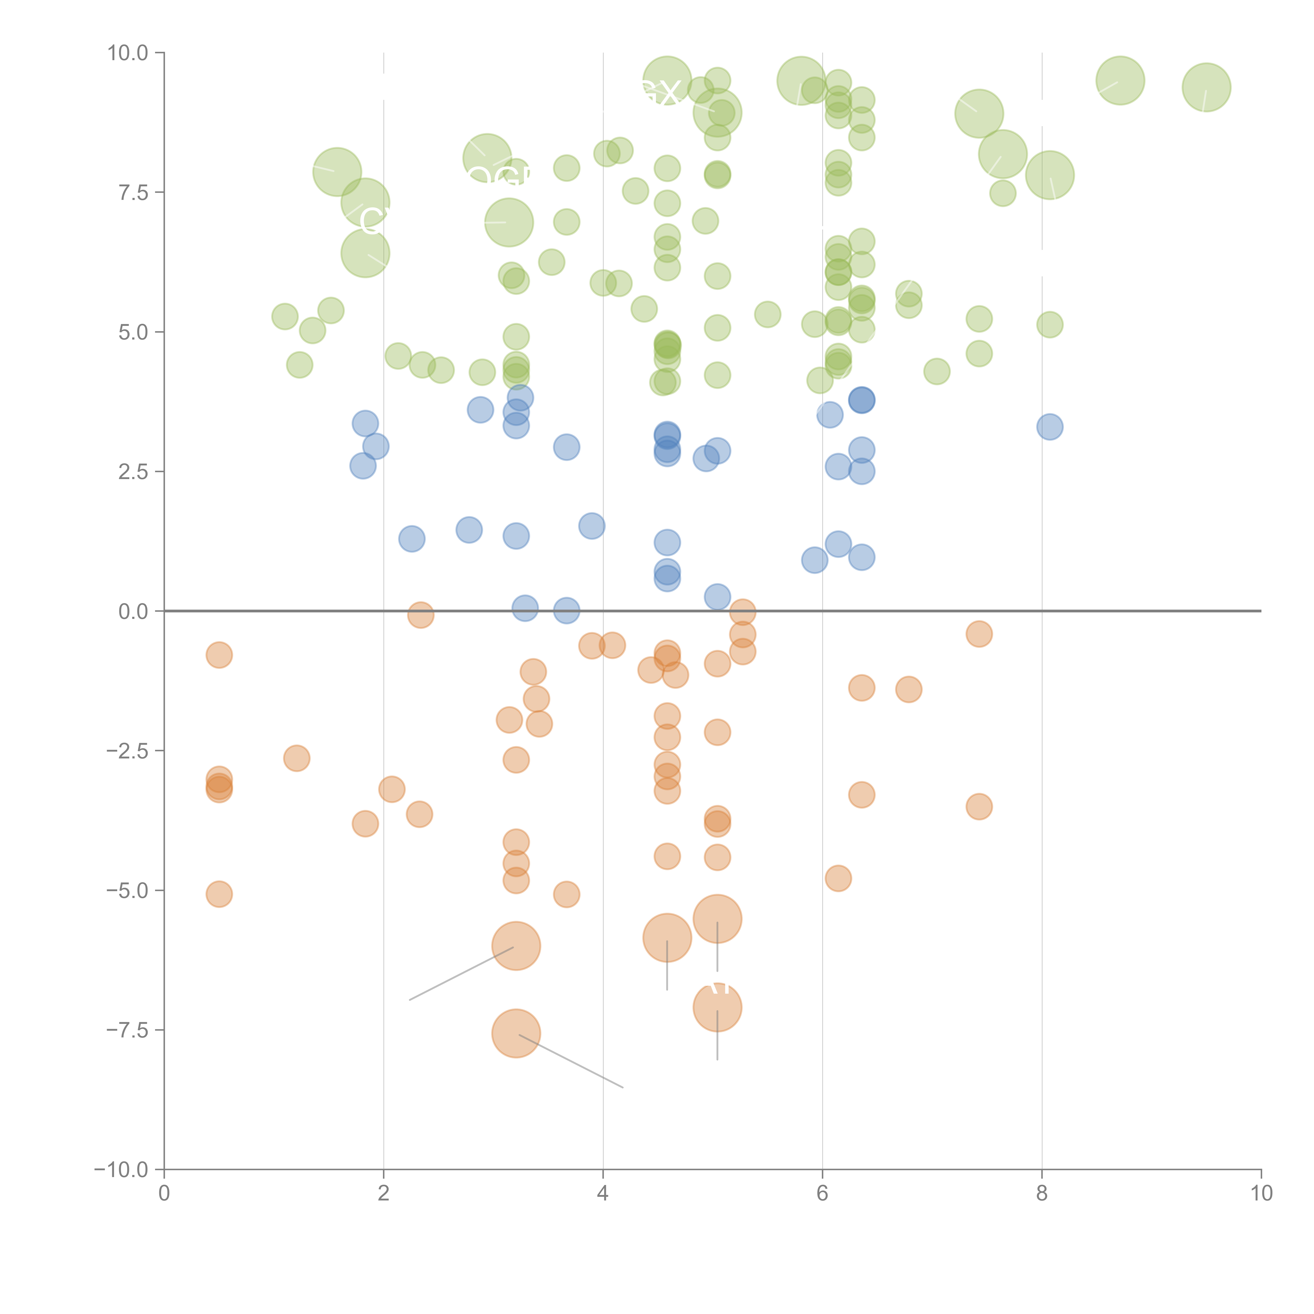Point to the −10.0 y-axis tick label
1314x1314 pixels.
pos(121,1170)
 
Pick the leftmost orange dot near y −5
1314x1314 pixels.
pos(219,894)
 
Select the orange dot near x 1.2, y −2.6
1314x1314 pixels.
pos(296,758)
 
